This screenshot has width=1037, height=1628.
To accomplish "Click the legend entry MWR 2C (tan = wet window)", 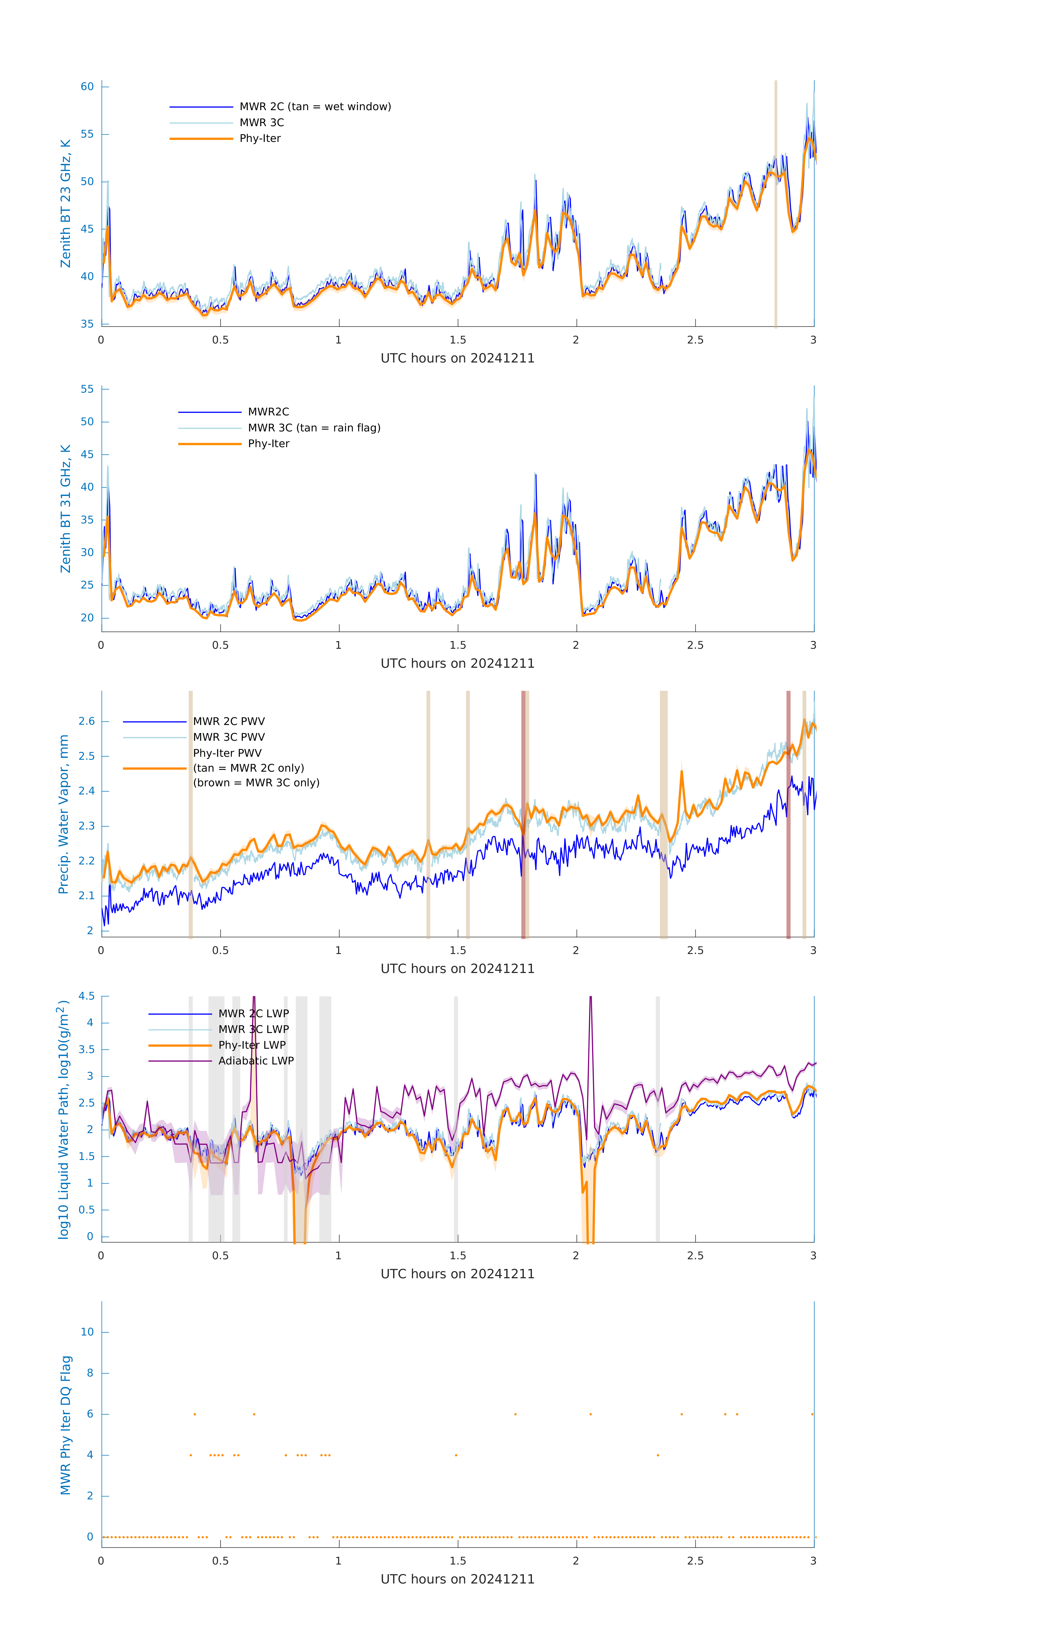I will tap(315, 107).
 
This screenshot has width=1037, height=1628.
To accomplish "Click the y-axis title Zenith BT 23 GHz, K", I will tap(66, 203).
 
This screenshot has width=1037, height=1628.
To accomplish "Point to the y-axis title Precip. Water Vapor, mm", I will tap(63, 815).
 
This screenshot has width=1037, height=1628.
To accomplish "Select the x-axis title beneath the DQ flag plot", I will tap(457, 1579).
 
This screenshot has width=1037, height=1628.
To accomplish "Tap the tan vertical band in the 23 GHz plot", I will tap(776, 203).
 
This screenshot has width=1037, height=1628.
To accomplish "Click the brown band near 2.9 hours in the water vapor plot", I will tap(788, 815).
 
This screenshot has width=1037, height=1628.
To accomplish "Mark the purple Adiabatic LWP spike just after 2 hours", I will tap(590, 1014).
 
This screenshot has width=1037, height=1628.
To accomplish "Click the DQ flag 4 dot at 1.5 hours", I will tap(456, 1455).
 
